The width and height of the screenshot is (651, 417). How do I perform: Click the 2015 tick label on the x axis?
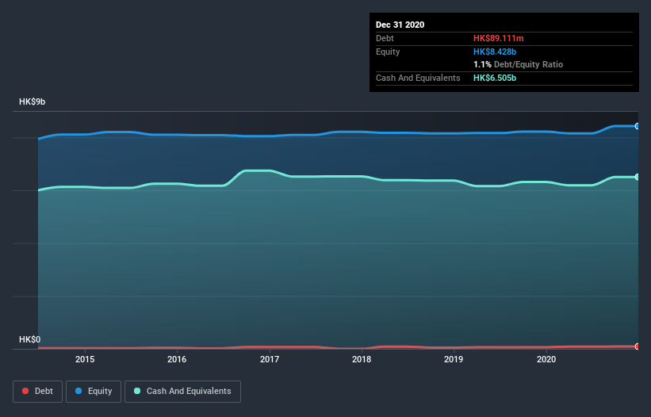coord(85,360)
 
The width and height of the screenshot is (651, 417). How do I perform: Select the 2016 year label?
coord(177,360)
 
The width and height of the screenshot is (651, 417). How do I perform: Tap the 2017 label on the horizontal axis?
coord(270,360)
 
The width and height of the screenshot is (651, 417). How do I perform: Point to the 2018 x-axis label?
coord(362,360)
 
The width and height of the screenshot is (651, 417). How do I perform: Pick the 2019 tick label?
coord(454,360)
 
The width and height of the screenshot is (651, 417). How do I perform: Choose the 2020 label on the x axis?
coord(546,360)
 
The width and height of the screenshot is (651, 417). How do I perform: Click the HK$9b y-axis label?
coord(33,102)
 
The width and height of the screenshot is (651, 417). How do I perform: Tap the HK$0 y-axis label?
coord(30,339)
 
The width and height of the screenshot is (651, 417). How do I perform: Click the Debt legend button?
coord(36,392)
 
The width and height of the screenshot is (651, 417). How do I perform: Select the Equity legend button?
coord(94,392)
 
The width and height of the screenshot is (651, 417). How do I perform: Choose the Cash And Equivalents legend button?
coord(182,392)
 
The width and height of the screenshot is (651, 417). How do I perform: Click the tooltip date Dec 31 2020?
coord(400,25)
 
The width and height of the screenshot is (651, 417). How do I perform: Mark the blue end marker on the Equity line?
coord(637,126)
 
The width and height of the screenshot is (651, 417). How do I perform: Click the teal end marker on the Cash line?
coord(637,177)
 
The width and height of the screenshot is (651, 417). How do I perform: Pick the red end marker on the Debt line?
coord(637,346)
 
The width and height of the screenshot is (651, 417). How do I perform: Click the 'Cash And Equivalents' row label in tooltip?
coord(418,78)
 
